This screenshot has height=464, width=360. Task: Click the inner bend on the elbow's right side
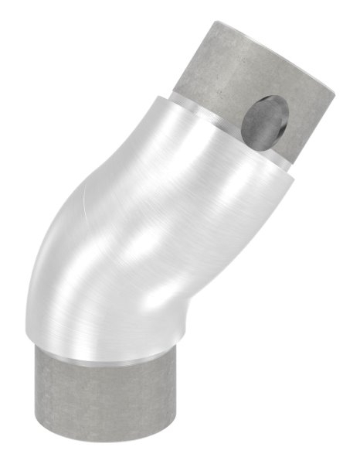coord(232,255)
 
